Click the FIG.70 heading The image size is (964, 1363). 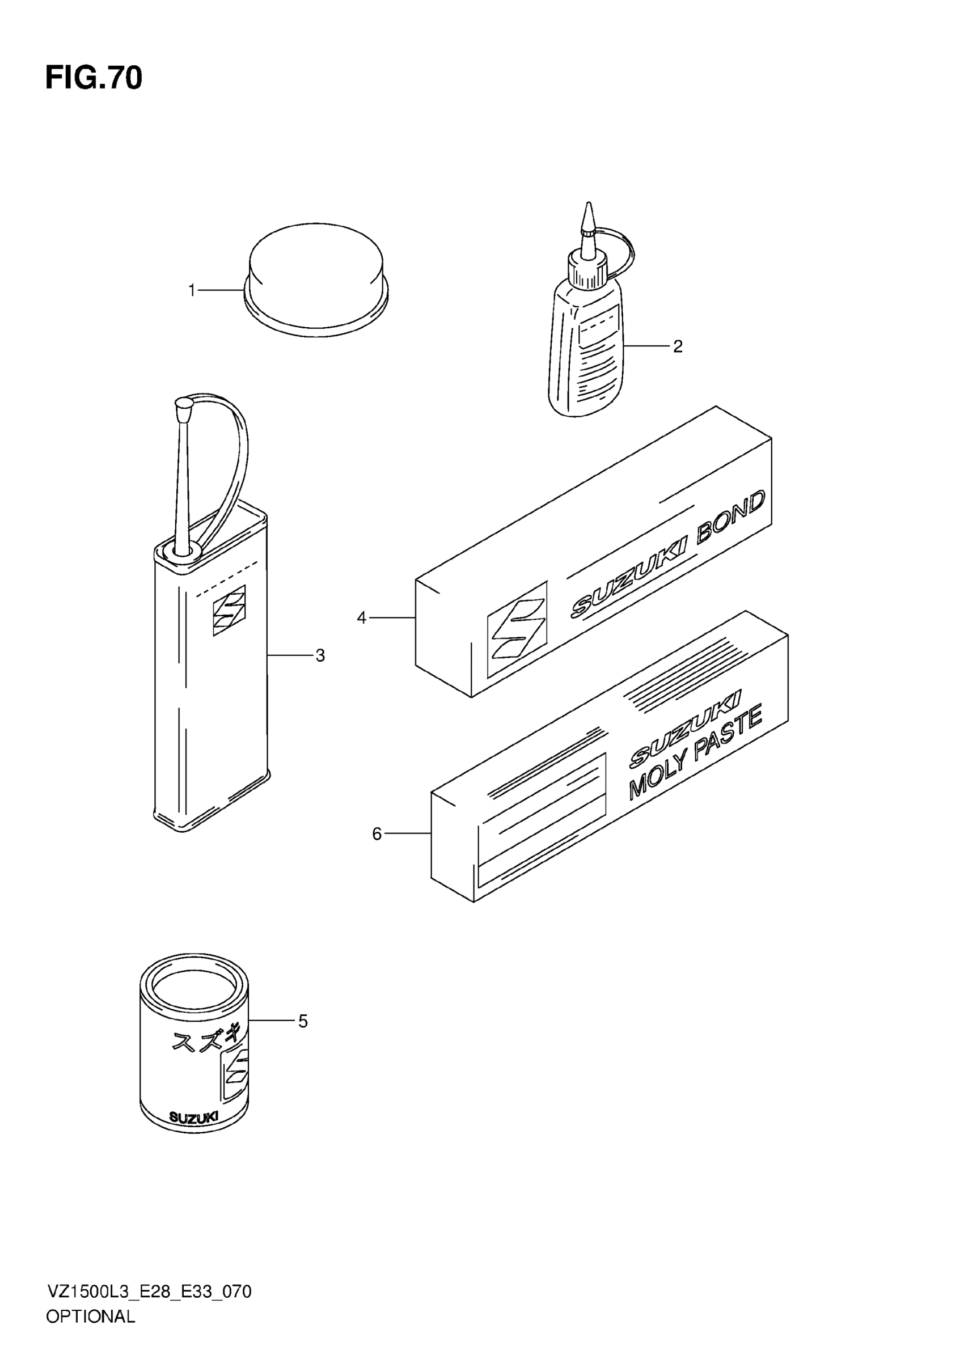click(94, 78)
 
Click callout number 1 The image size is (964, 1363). click(192, 290)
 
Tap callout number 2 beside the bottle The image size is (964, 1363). click(678, 346)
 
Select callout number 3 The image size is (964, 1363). click(320, 655)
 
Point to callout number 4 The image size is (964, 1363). click(362, 618)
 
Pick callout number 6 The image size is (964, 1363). click(377, 834)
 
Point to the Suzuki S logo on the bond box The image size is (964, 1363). click(517, 629)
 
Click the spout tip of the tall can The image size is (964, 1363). click(183, 407)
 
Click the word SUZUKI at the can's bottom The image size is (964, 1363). click(193, 1116)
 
